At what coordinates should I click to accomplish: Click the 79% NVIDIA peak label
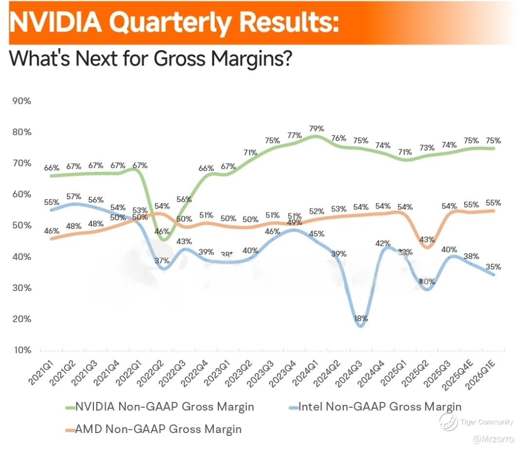point(316,128)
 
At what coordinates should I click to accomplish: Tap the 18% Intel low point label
point(361,319)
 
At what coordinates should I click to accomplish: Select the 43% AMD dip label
point(427,240)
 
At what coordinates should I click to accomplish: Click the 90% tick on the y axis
point(21,101)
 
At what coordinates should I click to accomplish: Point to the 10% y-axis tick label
point(21,350)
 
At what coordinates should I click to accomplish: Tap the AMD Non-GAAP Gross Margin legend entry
point(153,429)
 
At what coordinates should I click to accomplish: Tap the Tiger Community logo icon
point(448,421)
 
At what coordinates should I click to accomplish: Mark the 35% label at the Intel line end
point(493,266)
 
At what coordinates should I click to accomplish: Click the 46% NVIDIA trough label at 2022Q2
point(161,231)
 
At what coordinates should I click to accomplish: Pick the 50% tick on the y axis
point(21,225)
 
